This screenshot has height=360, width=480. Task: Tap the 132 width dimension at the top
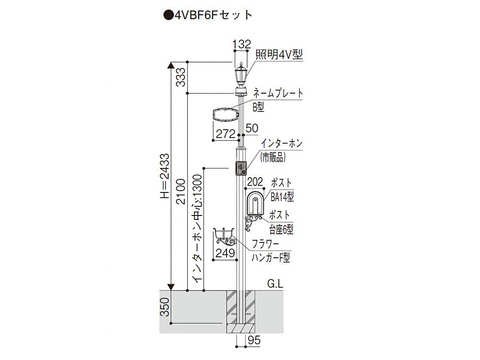pyautogui.click(x=241, y=44)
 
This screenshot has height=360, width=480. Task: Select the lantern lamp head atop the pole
pyautogui.click(x=240, y=74)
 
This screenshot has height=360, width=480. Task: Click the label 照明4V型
pyautogui.click(x=279, y=55)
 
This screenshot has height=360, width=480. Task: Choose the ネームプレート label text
pyautogui.click(x=278, y=93)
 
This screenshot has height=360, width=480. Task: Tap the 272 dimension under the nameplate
pyautogui.click(x=226, y=134)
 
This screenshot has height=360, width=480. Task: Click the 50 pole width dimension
pyautogui.click(x=252, y=128)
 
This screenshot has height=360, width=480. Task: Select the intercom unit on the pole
pyautogui.click(x=240, y=168)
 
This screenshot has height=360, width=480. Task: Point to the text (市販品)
pyautogui.click(x=273, y=157)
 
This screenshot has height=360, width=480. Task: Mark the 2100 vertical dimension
pyautogui.click(x=181, y=192)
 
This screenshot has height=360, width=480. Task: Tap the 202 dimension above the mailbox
pyautogui.click(x=255, y=182)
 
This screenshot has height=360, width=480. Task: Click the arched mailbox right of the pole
pyautogui.click(x=255, y=203)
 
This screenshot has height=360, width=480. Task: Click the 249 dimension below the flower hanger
pyautogui.click(x=225, y=253)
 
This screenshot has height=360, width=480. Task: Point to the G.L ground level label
pyautogui.click(x=275, y=284)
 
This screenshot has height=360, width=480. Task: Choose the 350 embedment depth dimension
pyautogui.click(x=164, y=307)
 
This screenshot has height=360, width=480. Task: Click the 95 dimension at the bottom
pyautogui.click(x=254, y=340)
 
